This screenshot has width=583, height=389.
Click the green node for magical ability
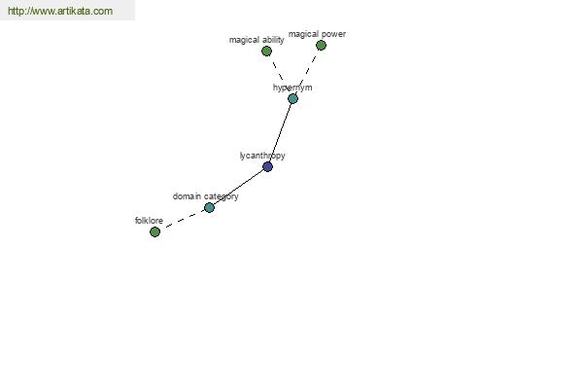tap(266, 51)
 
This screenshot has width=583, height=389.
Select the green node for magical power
tap(321, 46)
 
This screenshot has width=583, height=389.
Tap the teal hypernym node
tap(292, 98)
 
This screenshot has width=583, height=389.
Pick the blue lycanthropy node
tap(268, 166)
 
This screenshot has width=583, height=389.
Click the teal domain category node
tap(209, 208)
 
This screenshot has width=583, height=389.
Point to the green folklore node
tap(154, 231)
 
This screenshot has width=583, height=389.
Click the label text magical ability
tap(257, 40)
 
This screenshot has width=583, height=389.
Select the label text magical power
tap(317, 34)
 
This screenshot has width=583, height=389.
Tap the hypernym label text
tap(292, 88)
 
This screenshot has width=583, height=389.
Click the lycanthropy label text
tap(262, 156)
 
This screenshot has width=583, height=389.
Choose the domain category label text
tap(206, 196)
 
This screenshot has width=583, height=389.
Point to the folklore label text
tap(149, 221)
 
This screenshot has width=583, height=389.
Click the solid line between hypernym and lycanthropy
tap(281, 132)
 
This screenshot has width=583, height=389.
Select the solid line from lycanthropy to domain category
tap(238, 188)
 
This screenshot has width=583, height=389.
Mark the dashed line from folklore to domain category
tap(183, 220)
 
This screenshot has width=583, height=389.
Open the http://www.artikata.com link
tap(60, 11)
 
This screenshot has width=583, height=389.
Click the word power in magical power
tap(334, 34)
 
